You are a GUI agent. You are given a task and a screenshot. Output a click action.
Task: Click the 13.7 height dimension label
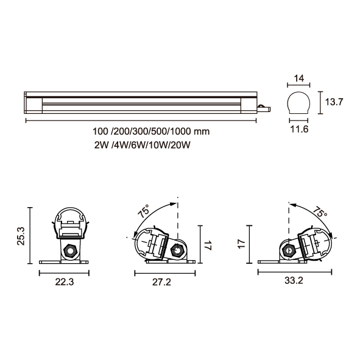pos(334,102)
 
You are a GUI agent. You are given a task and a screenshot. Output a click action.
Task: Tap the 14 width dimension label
pos(299,79)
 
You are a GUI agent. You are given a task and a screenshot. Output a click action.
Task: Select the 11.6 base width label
pos(299,130)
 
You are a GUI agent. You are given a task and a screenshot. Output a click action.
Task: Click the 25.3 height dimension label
pos(21,236)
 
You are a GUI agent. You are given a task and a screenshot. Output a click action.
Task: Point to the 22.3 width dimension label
pos(65,281)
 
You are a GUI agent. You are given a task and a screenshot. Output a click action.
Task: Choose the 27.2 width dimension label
pos(161,282)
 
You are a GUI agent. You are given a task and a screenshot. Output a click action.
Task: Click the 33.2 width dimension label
pos(294,280)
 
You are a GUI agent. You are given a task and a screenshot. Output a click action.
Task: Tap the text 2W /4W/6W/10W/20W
pos(143,145)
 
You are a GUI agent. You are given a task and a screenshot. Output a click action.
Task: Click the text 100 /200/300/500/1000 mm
pos(151,132)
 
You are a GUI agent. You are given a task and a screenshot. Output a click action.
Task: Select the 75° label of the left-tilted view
pos(144,211)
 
